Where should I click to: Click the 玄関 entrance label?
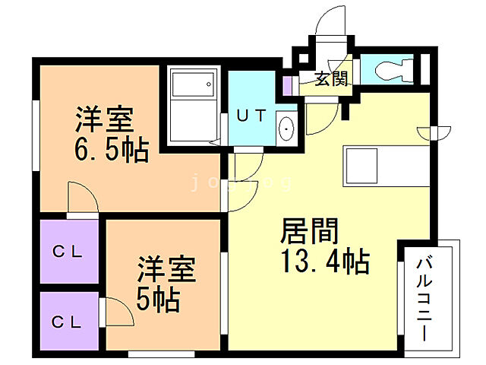332,78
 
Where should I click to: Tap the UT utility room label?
251,116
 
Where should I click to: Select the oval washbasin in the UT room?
286,129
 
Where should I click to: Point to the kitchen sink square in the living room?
361,163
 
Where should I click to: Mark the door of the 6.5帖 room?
81,199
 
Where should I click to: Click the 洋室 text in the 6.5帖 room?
104,119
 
